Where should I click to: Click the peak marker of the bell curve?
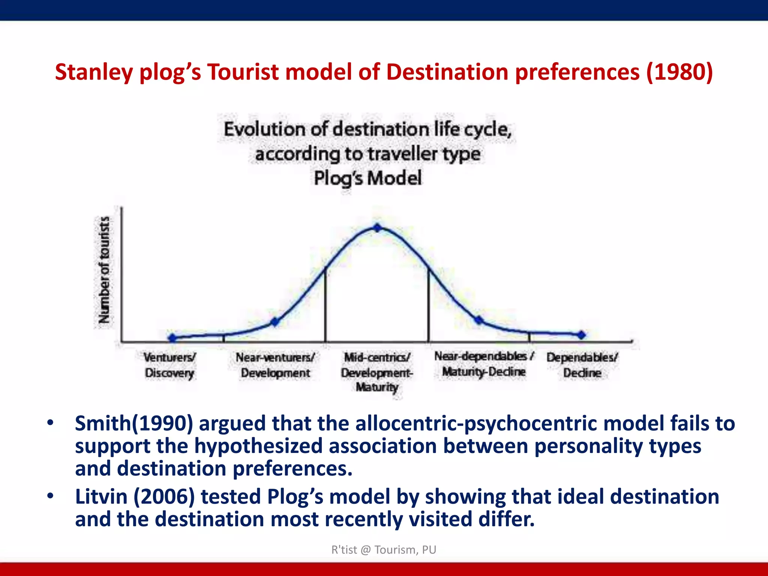coord(378,228)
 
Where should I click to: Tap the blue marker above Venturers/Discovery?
coord(172,337)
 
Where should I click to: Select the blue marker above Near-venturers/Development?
coord(275,322)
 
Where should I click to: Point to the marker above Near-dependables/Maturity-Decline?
coord(479,320)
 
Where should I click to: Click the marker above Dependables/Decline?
coord(581,335)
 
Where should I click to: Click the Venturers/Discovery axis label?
coord(169,365)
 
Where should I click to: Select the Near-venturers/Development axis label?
coord(275,365)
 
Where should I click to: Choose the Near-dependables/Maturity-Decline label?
coord(484,364)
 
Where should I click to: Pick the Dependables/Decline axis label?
coord(582,365)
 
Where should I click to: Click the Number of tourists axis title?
coord(104,270)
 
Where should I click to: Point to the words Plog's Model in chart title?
coord(367,178)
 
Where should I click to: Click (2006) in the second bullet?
coord(164,496)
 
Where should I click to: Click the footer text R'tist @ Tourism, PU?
coord(384,550)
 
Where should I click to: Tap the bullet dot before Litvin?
coord(50,496)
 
